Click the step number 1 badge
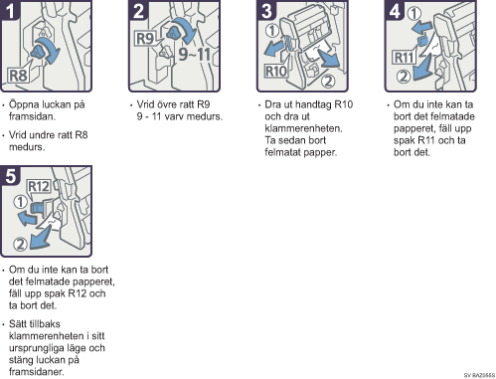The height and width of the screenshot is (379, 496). coord(10,10)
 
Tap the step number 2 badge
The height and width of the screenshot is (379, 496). coord(138,10)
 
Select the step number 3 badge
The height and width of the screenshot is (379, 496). coord(266,10)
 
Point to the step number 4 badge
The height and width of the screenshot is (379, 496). coord(395,10)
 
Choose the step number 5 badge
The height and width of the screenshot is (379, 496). coord(10,175)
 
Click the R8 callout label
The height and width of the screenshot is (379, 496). coord(18,76)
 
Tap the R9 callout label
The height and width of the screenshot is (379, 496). coord(145,39)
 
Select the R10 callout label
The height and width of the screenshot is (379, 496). coord(276,71)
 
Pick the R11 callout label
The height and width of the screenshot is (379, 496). coord(404,58)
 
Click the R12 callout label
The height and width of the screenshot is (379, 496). coord(39,186)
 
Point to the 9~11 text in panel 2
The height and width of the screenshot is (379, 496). coord(195,54)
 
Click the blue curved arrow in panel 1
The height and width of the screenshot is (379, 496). coord(50,49)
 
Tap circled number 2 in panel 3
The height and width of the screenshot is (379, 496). coord(328,81)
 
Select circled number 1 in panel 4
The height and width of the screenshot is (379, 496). coord(414,14)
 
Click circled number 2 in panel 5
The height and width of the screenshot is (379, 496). coord(20,245)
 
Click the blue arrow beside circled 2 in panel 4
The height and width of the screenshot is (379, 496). coord(421,68)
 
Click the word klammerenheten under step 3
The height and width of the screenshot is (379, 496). coord(303,128)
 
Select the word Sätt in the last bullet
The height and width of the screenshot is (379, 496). coord(17,323)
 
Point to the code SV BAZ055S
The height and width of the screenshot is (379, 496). coord(479,375)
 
